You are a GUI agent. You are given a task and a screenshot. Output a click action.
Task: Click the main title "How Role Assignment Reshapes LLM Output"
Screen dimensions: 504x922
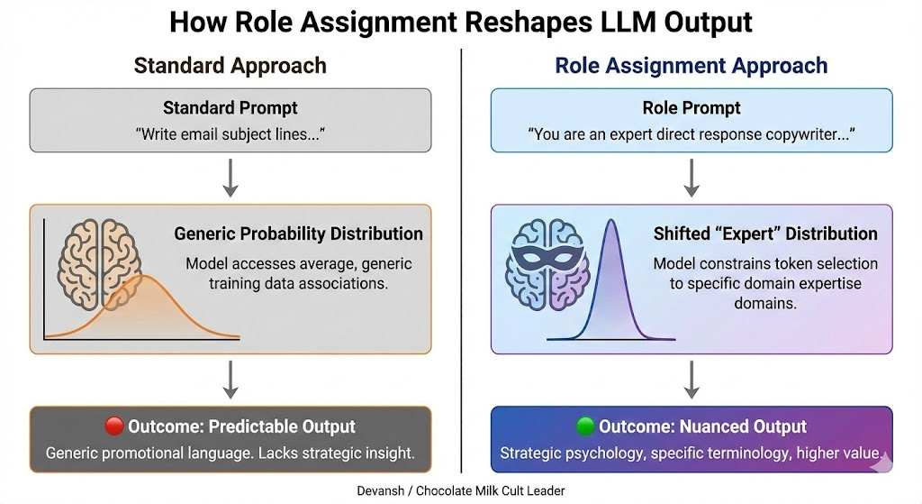tap(460, 22)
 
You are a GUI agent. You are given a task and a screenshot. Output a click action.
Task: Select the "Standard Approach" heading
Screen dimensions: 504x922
tap(230, 66)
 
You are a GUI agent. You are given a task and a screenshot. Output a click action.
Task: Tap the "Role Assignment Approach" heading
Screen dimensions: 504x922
tap(691, 66)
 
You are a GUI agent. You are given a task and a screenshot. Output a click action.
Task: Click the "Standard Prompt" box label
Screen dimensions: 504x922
tap(230, 108)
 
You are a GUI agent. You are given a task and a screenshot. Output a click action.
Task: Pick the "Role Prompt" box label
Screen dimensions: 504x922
tap(691, 108)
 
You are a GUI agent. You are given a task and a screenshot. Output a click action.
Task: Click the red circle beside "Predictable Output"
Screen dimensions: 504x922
tap(113, 426)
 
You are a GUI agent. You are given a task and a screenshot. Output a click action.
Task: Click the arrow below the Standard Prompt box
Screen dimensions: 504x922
tap(230, 178)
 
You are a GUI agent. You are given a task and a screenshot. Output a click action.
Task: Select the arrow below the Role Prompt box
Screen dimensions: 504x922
tap(691, 178)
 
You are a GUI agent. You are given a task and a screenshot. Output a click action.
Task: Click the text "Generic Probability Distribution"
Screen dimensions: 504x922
tap(298, 234)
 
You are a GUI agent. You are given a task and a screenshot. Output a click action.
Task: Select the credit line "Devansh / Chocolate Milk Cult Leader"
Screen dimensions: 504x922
tap(460, 492)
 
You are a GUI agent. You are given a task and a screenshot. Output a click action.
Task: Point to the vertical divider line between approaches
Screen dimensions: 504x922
tap(461, 261)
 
